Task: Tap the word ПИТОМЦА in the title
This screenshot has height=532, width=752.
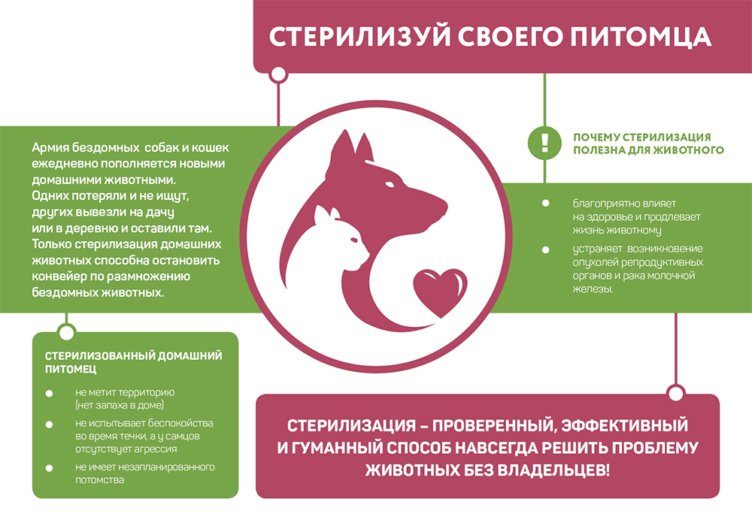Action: (x=641, y=38)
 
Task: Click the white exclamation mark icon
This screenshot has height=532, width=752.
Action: (x=544, y=142)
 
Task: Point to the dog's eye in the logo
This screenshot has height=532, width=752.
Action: (x=390, y=184)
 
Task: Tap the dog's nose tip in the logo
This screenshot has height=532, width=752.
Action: (x=444, y=207)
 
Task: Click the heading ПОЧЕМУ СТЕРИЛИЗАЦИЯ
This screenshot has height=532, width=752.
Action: (x=641, y=137)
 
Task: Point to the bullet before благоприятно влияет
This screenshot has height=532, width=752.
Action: (x=545, y=203)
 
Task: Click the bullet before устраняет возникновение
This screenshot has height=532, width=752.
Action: (x=545, y=249)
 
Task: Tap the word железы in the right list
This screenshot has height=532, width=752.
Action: (x=593, y=289)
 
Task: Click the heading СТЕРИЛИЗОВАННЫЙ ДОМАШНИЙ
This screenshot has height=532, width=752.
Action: (x=133, y=356)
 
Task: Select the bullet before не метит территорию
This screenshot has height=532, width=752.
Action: (x=49, y=394)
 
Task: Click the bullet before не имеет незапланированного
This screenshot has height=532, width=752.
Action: (x=49, y=468)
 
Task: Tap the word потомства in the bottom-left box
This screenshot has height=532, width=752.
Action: (x=100, y=479)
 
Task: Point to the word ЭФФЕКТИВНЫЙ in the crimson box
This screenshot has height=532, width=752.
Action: (x=624, y=425)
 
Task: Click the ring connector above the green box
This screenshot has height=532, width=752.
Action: (x=66, y=331)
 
